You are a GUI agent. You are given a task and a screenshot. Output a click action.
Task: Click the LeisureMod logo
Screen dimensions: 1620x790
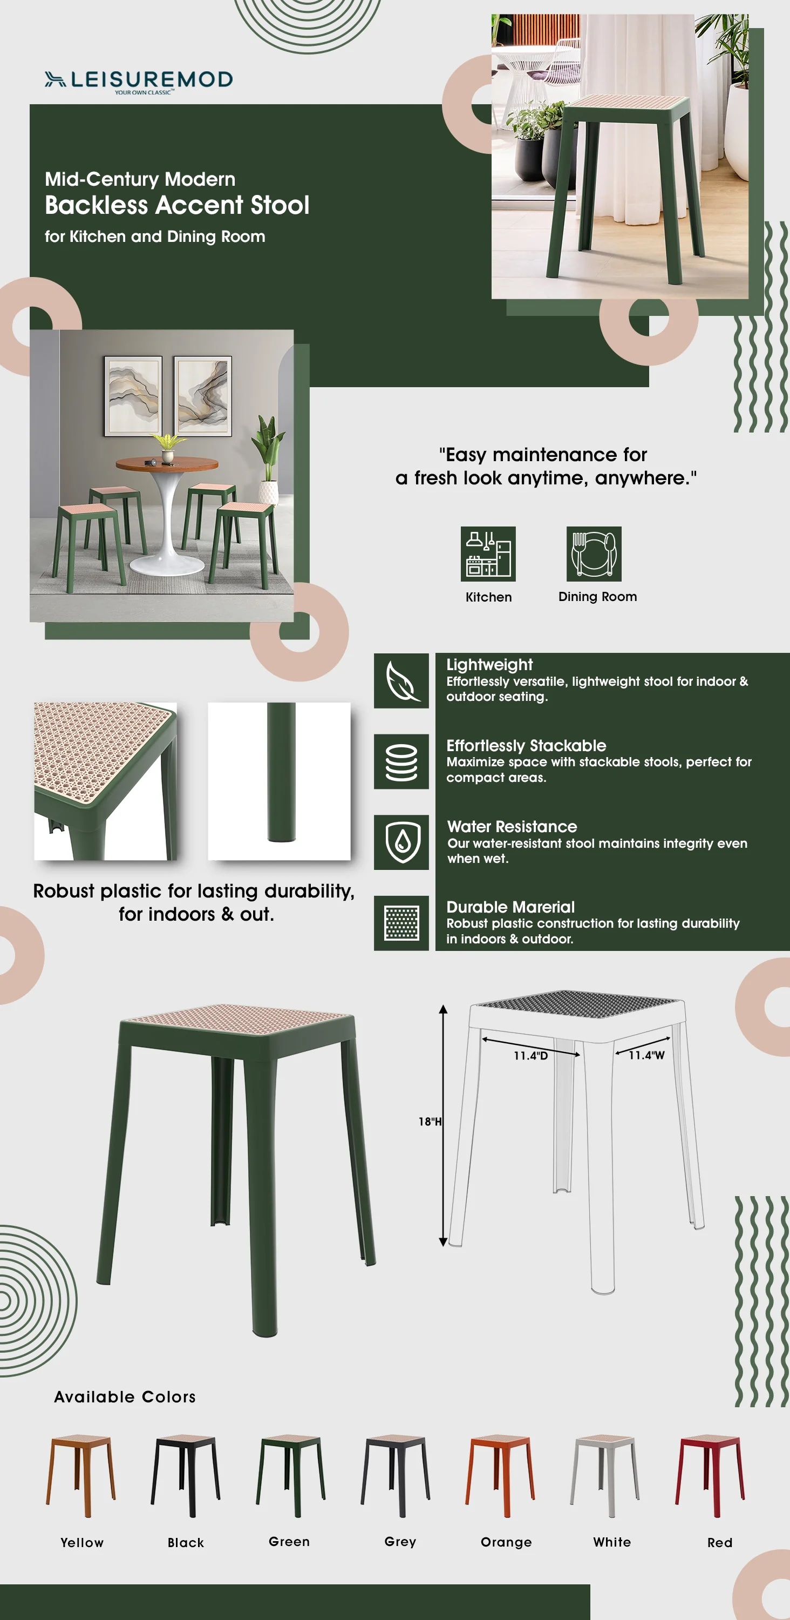pos(138,80)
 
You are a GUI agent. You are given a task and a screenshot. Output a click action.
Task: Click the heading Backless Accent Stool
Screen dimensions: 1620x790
pos(176,205)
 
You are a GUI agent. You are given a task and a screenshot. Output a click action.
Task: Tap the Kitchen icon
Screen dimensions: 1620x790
pos(488,553)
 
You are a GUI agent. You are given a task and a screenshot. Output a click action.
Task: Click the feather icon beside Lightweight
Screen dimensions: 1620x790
pos(401,680)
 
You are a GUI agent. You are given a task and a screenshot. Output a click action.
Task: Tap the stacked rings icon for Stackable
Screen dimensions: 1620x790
pos(401,761)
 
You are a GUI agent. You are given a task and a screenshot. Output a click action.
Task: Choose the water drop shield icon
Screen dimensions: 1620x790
pos(401,842)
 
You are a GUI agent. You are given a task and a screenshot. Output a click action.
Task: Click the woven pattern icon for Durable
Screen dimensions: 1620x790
pos(401,922)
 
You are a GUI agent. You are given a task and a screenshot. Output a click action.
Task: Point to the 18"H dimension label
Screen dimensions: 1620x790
pos(430,1121)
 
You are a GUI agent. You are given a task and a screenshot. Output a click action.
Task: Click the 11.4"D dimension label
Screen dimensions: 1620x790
pos(530,1056)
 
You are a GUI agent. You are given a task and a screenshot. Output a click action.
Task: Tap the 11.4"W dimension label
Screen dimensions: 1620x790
pos(646,1055)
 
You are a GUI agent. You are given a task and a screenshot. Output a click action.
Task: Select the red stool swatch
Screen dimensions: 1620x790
pos(710,1475)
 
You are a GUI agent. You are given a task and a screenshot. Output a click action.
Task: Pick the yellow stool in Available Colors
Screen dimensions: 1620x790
pos(81,1475)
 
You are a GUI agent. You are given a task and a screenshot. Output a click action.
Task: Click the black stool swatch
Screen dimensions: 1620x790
pos(186,1475)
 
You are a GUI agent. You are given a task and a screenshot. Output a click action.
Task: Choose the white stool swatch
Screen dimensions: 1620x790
pos(604,1475)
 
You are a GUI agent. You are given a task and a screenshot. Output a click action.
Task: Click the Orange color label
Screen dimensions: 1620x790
pos(506,1542)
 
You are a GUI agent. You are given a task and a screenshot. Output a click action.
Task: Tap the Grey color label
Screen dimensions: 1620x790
pos(400,1541)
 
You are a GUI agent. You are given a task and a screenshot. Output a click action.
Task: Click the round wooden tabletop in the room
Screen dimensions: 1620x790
pos(167,464)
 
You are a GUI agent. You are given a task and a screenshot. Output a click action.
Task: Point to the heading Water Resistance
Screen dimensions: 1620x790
pos(512,826)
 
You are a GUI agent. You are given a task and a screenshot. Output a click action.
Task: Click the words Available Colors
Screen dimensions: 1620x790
pos(125,1397)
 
